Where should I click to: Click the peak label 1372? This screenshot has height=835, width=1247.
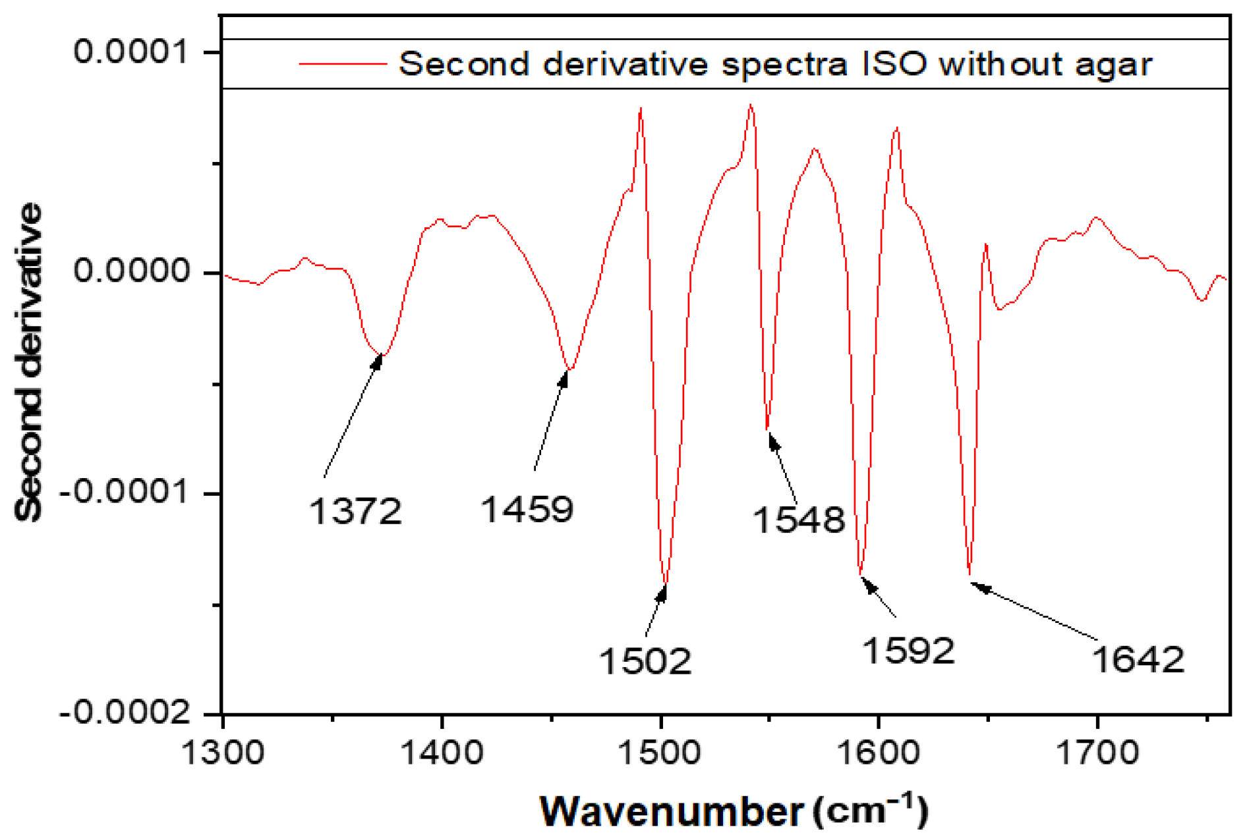point(355,512)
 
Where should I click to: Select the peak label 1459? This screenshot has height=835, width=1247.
point(527,510)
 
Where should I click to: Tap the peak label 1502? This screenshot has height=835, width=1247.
point(645,661)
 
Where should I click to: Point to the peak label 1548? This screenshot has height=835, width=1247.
point(798,520)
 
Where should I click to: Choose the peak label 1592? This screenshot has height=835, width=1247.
point(908,651)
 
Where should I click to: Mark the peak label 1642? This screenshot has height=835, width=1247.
point(1138,660)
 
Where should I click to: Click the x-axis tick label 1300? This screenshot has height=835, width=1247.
point(222,753)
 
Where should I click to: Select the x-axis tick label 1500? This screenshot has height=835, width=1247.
point(660,753)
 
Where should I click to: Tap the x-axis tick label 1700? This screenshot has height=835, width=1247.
point(1097,753)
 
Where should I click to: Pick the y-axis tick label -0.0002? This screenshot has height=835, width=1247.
point(125,713)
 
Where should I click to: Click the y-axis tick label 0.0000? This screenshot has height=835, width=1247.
point(132,271)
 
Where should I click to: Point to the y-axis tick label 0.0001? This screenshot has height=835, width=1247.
point(132,51)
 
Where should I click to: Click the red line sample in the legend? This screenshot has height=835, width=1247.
point(342,64)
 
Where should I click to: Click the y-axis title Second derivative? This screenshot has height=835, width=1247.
point(29,362)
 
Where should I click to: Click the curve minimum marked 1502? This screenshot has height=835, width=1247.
point(665,583)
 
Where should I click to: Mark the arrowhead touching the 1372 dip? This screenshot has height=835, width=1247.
point(378,360)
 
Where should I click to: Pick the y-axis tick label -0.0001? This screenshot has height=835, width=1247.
point(125,492)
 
